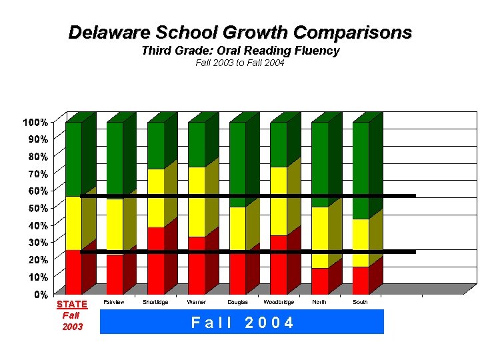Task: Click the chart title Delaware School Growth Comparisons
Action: (240, 32)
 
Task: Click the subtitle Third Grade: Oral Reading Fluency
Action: (240, 51)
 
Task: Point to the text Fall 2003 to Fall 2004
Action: (240, 63)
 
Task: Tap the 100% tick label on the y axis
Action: (35, 123)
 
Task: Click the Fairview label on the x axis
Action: (115, 303)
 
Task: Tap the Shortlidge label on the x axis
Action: (155, 303)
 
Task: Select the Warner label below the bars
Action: (197, 303)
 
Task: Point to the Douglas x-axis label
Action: (237, 303)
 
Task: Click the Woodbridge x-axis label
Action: (279, 303)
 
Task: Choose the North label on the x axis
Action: (319, 303)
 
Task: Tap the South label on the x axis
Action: (361, 303)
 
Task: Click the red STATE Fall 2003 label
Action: (71, 315)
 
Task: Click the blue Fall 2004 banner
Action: (241, 323)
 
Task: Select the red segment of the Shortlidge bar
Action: (155, 261)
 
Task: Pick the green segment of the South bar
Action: (361, 170)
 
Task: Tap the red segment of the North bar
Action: (319, 281)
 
